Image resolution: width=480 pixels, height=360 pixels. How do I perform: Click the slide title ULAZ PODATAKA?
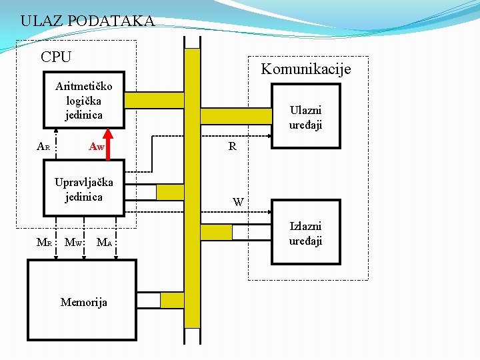pyautogui.click(x=87, y=21)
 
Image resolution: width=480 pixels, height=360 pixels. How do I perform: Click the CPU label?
pyautogui.click(x=56, y=57)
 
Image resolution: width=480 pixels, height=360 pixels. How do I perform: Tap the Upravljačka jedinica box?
pyautogui.click(x=84, y=189)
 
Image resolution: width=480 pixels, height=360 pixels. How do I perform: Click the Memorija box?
pyautogui.click(x=82, y=301)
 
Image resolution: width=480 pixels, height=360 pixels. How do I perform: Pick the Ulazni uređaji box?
pyautogui.click(x=305, y=117)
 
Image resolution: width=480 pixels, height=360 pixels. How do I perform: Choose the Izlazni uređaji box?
pyautogui.click(x=305, y=234)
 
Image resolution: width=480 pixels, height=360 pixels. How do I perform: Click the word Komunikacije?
pyautogui.click(x=305, y=69)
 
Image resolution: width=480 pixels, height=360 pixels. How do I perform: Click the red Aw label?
pyautogui.click(x=97, y=146)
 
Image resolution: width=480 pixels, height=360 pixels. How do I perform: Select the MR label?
pyautogui.click(x=44, y=242)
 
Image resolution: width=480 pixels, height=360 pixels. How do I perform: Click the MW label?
pyautogui.click(x=73, y=242)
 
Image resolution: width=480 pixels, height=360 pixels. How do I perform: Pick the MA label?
pyautogui.click(x=104, y=242)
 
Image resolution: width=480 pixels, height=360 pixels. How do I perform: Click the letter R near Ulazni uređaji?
pyautogui.click(x=232, y=146)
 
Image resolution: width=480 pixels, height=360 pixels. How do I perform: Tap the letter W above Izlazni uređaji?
pyautogui.click(x=238, y=201)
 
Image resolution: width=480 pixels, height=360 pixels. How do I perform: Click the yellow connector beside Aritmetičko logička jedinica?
pyautogui.click(x=154, y=100)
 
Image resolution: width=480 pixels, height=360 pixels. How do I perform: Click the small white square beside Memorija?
pyautogui.click(x=148, y=300)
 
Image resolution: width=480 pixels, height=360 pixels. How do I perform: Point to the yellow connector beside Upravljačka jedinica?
pyautogui.click(x=170, y=191)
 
